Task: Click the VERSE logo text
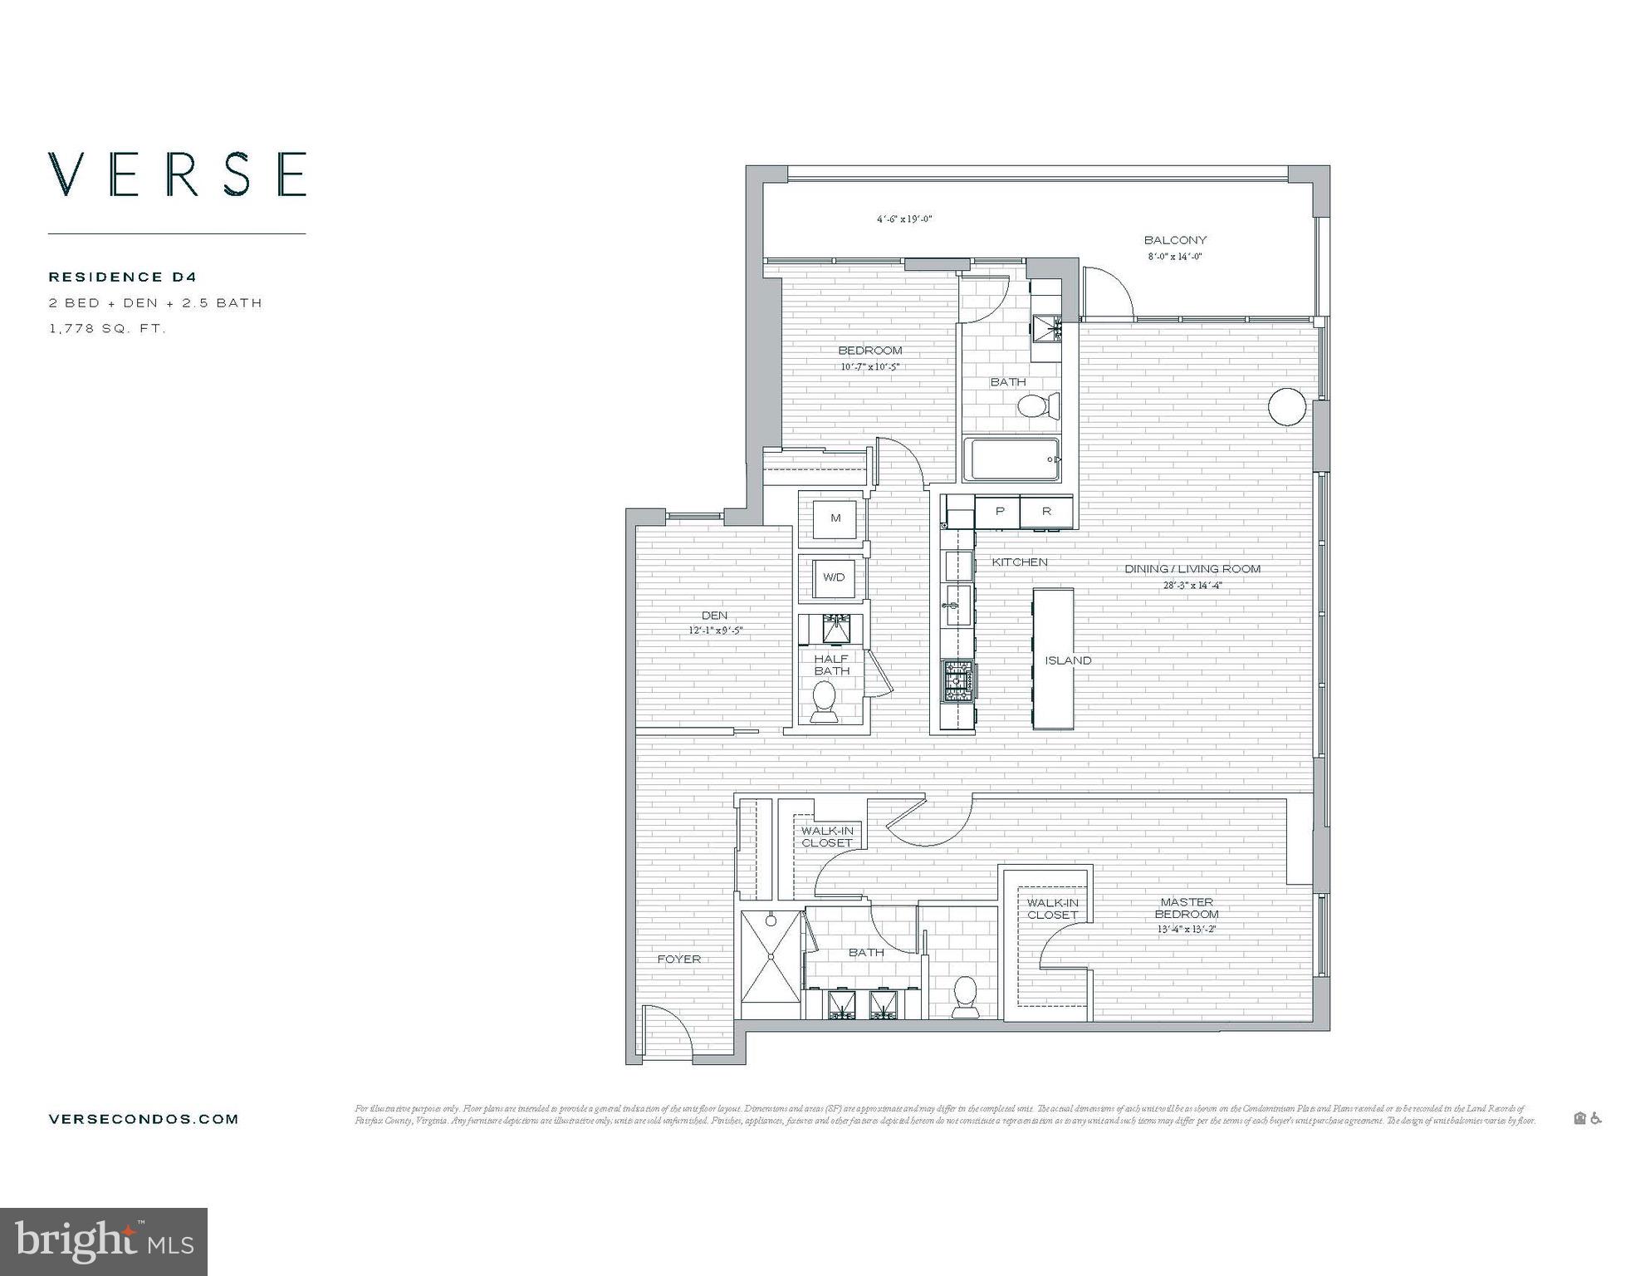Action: point(177,174)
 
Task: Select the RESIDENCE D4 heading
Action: point(123,277)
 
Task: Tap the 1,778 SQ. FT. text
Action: point(108,329)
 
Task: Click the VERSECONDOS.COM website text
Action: point(144,1119)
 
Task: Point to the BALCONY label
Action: point(1175,240)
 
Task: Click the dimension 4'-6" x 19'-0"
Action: point(904,219)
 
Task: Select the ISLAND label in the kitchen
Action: point(1068,660)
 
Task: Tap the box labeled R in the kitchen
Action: point(1046,512)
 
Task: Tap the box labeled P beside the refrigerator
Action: point(1000,512)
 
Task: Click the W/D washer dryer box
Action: point(834,577)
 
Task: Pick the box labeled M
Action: point(835,518)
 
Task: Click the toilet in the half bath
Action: point(825,702)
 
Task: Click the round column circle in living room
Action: point(1287,407)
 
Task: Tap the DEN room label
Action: point(714,616)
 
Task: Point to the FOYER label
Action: point(679,959)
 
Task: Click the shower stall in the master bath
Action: point(771,965)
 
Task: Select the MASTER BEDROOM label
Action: point(1187,907)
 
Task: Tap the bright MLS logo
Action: point(104,1242)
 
